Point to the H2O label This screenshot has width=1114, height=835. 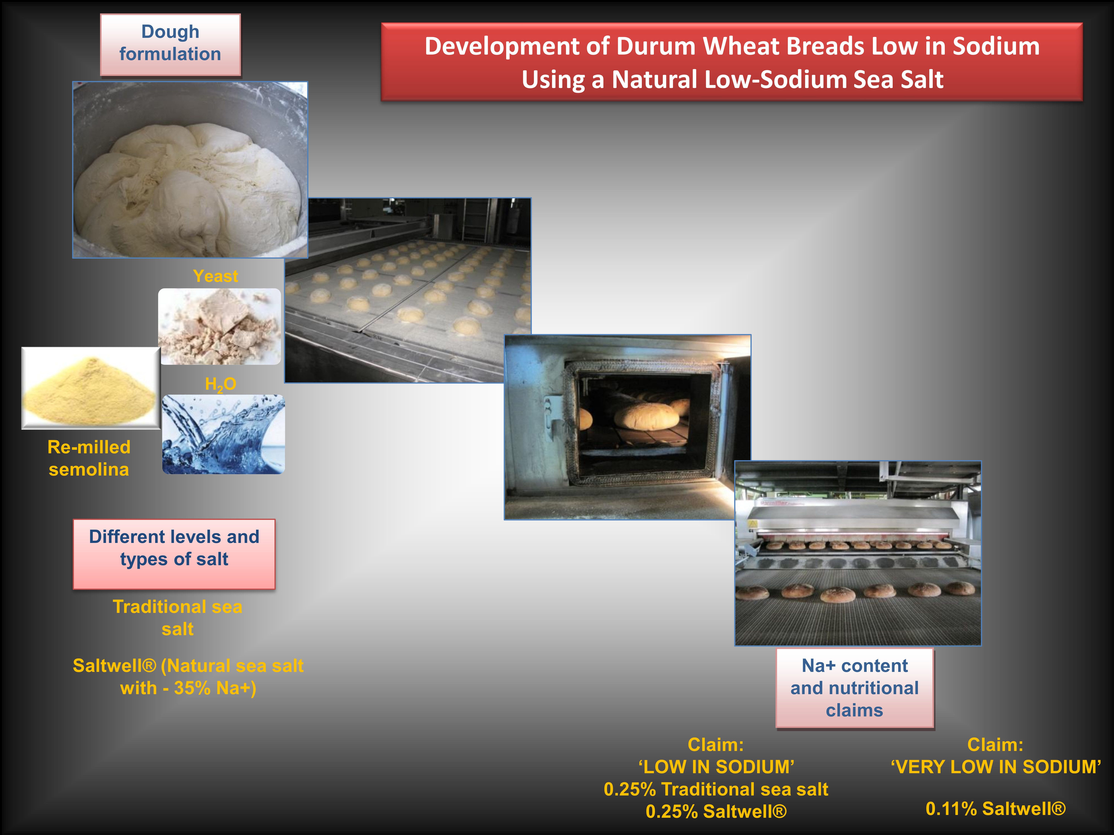click(x=221, y=384)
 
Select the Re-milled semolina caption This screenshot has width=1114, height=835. click(x=89, y=458)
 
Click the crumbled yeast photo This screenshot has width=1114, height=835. click(x=220, y=326)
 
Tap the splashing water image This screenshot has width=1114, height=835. click(x=224, y=434)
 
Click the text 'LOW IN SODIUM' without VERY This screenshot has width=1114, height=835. click(x=716, y=767)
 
